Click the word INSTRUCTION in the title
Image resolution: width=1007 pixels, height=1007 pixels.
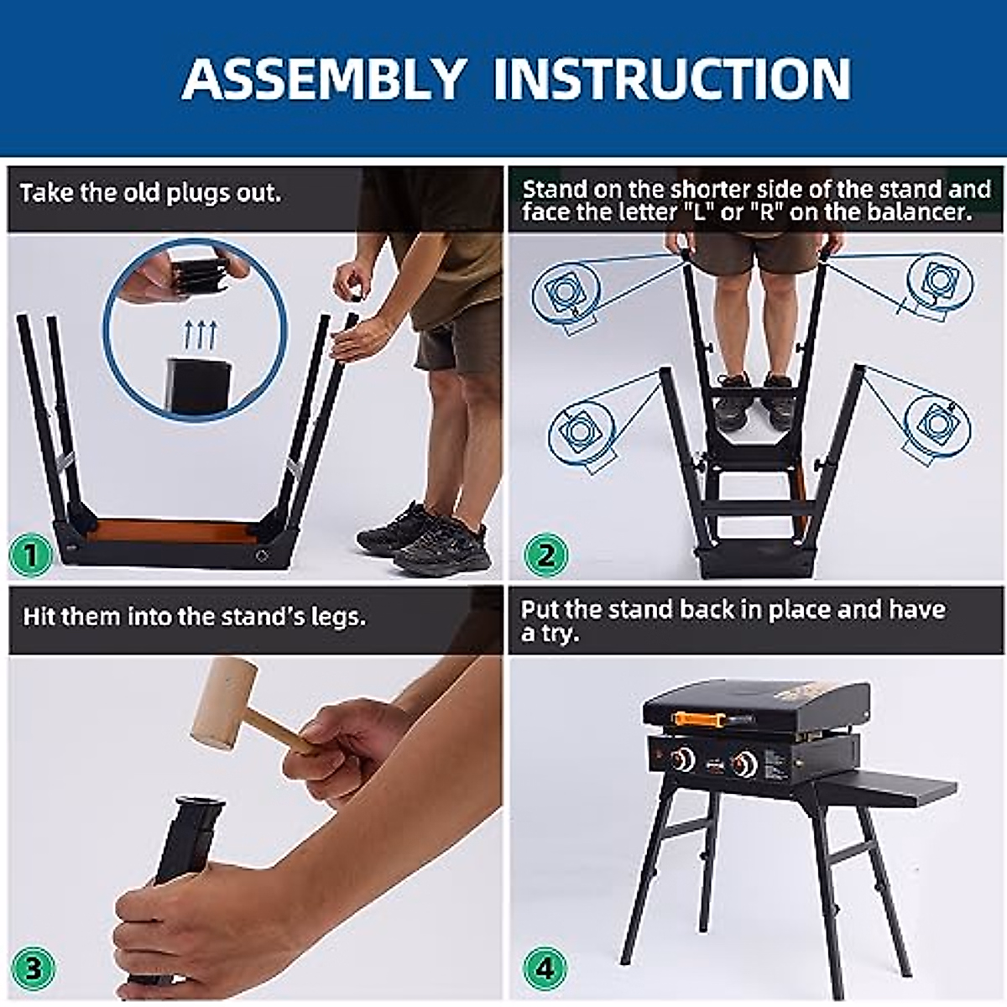(x=672, y=79)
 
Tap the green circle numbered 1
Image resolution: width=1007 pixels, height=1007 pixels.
(x=31, y=555)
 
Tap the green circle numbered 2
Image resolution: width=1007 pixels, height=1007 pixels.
(x=545, y=555)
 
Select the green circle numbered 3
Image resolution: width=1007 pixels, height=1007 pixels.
(x=33, y=969)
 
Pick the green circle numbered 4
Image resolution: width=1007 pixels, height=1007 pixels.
(x=545, y=969)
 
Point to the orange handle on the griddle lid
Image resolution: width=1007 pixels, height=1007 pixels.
(x=704, y=719)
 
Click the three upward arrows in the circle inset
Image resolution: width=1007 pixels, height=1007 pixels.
(x=199, y=336)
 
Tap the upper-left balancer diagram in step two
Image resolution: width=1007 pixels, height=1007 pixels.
(x=566, y=295)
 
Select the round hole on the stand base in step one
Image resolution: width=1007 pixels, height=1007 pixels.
(x=262, y=556)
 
